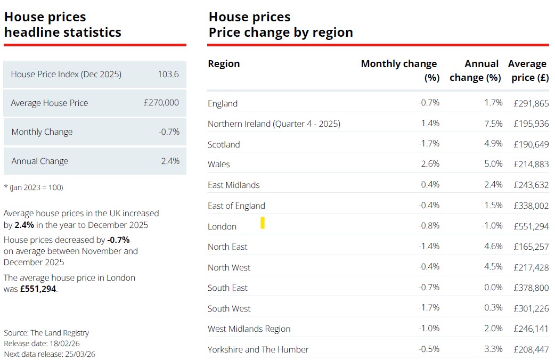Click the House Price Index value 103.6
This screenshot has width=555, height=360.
pos(168,74)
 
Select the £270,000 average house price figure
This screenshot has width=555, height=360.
pos(161,103)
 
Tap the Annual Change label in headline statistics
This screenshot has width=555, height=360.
pos(40,161)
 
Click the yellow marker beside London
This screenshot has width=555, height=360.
pos(263,223)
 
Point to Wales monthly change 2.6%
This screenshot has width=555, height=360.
pos(430,164)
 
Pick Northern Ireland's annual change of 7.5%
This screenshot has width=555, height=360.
pos(493,124)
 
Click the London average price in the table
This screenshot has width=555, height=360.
pos(531,226)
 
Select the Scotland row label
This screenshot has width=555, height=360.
pos(224,144)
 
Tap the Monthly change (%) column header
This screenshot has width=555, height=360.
pos(399,70)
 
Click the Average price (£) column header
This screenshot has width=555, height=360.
pos(528,70)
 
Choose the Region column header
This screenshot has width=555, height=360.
pos(224,64)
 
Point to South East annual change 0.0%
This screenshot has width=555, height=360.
pos(493,288)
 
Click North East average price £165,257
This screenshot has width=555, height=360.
pos(531,247)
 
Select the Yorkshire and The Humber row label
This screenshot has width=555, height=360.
pos(258,349)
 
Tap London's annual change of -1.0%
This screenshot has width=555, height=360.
pos(492,226)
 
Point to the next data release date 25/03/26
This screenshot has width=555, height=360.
pos(79,354)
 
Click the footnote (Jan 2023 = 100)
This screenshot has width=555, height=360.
pos(34,187)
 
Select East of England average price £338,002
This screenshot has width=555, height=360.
pos(531,206)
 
